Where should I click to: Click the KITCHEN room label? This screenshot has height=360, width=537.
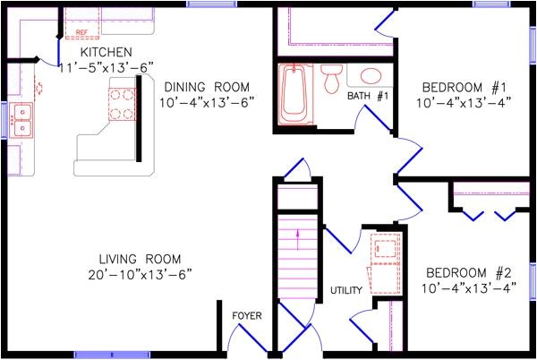click(x=107, y=53)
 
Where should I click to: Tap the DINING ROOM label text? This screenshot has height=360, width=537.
click(x=207, y=87)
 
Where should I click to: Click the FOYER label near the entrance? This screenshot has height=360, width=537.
click(x=246, y=315)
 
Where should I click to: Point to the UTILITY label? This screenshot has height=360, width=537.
click(x=345, y=290)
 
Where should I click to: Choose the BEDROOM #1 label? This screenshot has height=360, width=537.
click(x=465, y=87)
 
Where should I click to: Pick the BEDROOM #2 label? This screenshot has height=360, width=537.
click(x=467, y=272)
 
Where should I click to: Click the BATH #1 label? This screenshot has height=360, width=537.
click(x=367, y=96)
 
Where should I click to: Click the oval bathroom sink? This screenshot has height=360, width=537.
click(x=369, y=76)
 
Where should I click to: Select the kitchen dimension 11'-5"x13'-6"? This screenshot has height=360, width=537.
click(x=107, y=67)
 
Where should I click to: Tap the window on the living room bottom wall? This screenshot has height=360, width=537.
click(x=107, y=354)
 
